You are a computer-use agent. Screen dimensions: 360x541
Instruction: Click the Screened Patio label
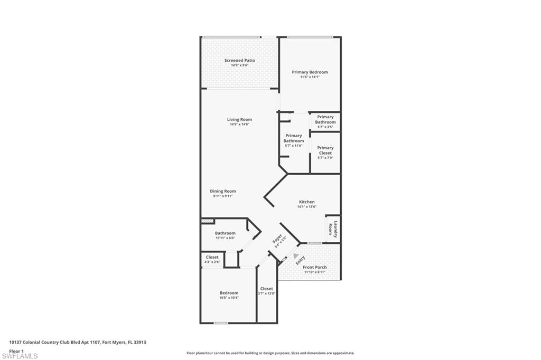click(239, 61)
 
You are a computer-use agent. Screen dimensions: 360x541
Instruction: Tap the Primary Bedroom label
click(310, 72)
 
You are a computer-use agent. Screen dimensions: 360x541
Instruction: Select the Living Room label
click(239, 120)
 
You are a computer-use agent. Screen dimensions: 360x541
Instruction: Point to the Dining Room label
click(223, 191)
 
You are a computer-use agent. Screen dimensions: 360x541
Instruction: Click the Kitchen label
click(306, 202)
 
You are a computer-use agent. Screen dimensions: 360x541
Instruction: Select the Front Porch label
click(314, 267)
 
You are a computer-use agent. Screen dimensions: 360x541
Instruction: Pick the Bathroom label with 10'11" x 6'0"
click(225, 233)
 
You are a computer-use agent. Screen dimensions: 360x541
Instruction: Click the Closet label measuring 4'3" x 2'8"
click(212, 257)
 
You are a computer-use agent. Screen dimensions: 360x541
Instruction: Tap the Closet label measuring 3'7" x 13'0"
click(267, 289)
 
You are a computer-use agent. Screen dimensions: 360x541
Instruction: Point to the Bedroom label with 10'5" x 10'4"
click(229, 293)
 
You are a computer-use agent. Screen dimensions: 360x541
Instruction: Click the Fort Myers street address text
click(78, 342)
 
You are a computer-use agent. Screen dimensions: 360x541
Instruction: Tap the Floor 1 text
click(16, 350)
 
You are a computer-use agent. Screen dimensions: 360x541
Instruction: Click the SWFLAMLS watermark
click(20, 356)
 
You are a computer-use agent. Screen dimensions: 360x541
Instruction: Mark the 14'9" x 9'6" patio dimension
click(239, 65)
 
